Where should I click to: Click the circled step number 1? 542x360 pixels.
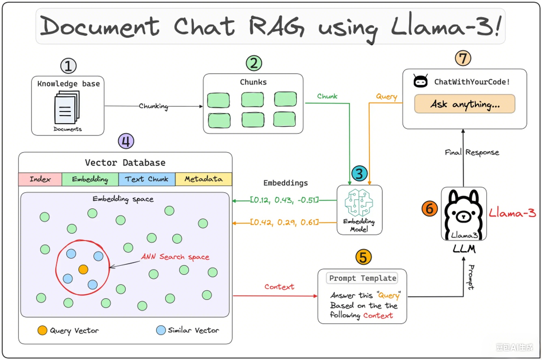(x=68, y=66)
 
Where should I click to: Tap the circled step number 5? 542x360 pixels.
(x=363, y=257)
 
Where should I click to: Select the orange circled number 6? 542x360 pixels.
(x=429, y=209)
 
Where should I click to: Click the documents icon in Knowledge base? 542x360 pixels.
(x=67, y=108)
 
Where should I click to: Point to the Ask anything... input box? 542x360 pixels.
(x=464, y=104)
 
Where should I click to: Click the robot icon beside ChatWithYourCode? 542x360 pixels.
(x=420, y=81)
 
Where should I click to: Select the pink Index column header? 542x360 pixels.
(x=40, y=179)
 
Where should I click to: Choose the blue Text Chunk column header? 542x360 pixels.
(x=147, y=179)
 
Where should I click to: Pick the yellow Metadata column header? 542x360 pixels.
(x=203, y=179)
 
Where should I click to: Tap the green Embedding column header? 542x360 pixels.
(x=90, y=179)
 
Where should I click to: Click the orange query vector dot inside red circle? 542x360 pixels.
(x=83, y=269)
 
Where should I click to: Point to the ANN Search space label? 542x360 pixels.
(x=175, y=257)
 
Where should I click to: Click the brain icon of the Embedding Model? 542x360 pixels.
(x=359, y=203)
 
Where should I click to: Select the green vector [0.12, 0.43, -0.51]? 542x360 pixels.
(x=284, y=200)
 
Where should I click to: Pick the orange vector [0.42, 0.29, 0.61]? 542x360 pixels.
(x=284, y=223)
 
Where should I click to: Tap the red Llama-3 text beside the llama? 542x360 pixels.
(x=512, y=213)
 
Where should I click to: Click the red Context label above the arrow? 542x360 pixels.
(x=279, y=287)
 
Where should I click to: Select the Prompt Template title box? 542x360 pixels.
(x=362, y=278)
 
